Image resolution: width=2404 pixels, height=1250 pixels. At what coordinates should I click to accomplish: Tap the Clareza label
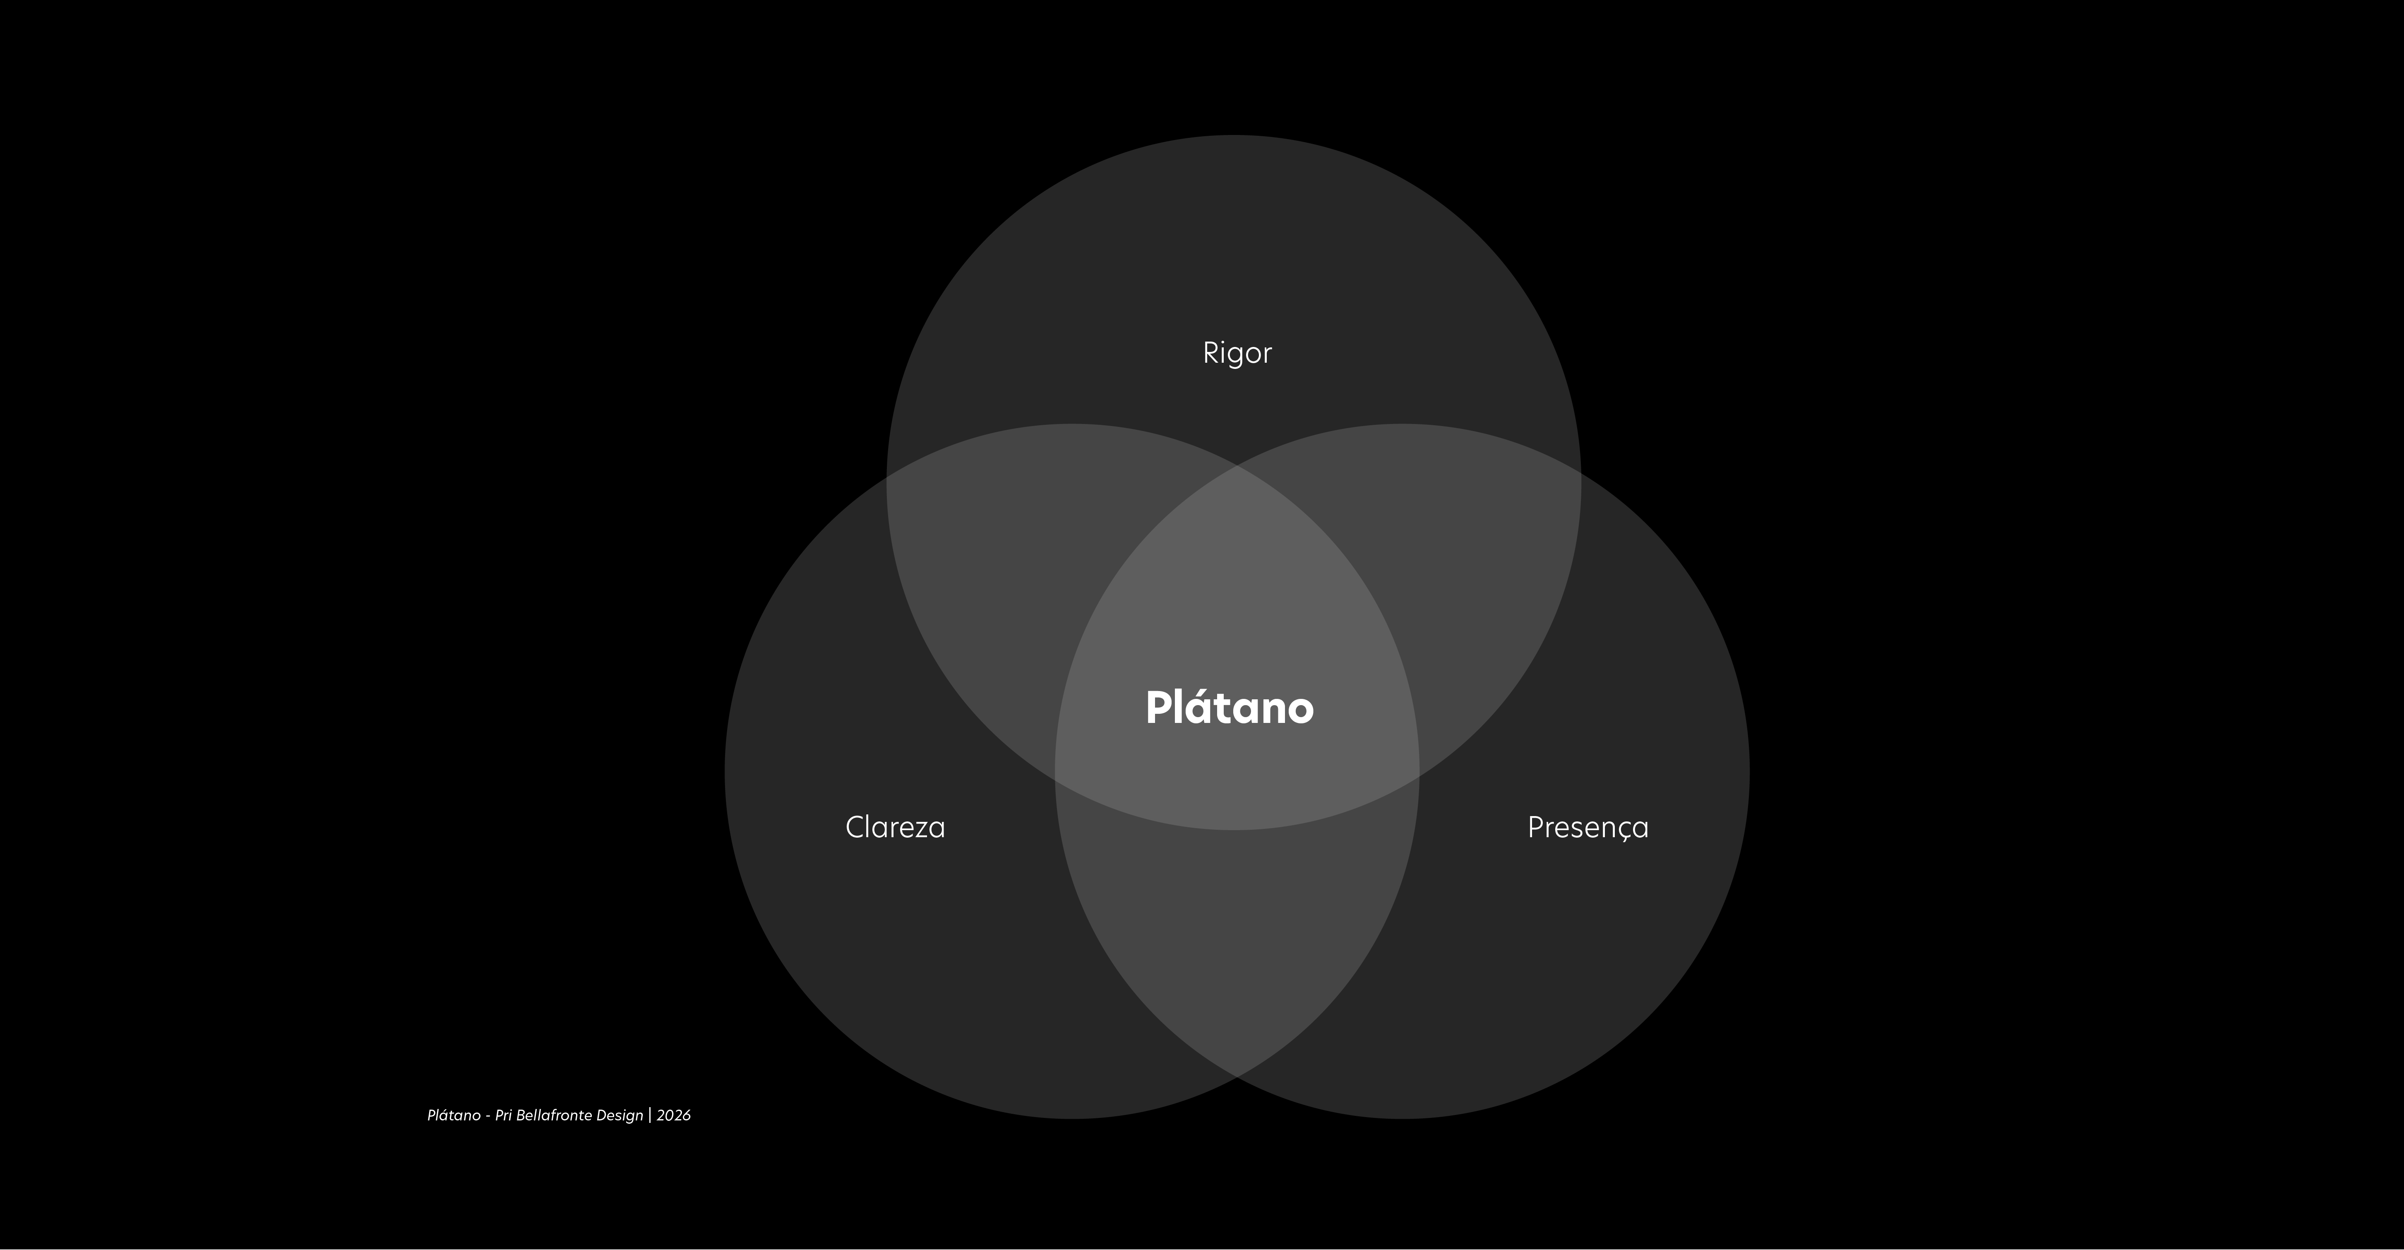click(x=895, y=827)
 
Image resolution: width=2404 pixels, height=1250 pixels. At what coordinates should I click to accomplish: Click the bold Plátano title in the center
click(x=1229, y=707)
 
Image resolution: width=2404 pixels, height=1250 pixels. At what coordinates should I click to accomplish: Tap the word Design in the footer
click(x=620, y=1115)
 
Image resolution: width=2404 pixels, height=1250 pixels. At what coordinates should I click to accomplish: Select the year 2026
click(x=674, y=1115)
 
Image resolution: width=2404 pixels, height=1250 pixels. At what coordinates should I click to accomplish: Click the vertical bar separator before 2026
click(x=650, y=1115)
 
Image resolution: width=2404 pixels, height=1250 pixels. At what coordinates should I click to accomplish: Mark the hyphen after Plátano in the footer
click(x=488, y=1117)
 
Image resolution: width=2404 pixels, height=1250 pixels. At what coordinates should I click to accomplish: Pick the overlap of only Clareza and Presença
click(x=1237, y=934)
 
